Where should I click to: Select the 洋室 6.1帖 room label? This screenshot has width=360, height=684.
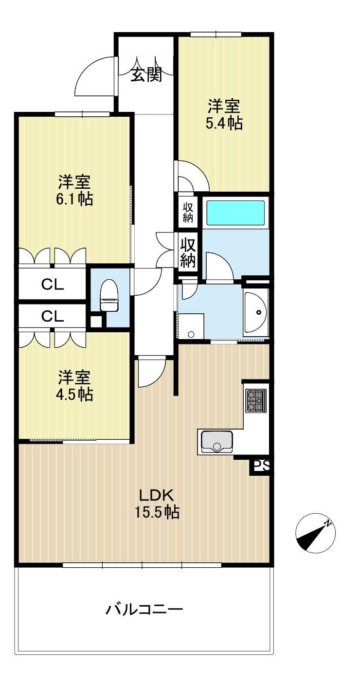74,190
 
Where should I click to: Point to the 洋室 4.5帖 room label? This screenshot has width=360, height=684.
74,385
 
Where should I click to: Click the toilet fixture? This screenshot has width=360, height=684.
109,295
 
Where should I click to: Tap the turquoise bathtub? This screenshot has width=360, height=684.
235,213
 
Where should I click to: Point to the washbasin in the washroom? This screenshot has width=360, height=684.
256,312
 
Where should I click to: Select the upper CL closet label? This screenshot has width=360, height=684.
53,285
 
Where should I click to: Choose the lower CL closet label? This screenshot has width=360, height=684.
53,316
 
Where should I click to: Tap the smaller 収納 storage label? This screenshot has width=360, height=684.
188,212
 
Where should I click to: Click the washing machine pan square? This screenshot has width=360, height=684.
191,326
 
